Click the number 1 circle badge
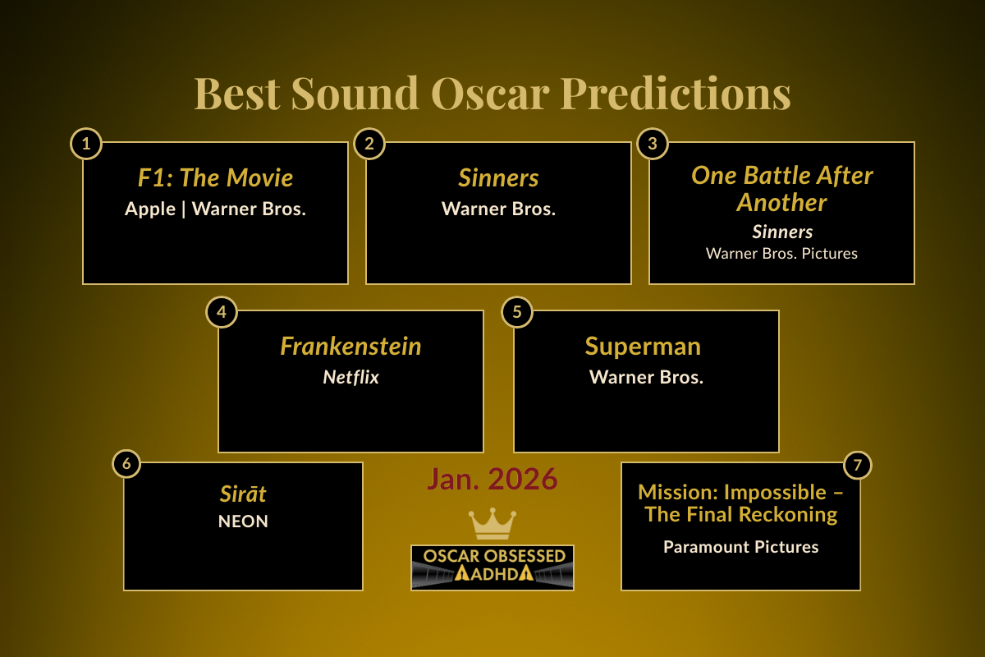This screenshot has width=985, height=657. pos(86,145)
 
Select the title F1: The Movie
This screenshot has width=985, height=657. pos(215,177)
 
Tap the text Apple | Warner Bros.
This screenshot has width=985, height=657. pos(215,209)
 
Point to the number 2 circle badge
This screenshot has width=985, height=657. pos(369,145)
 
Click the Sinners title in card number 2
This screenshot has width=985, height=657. pos(498,178)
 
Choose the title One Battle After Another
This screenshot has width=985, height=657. pos(781,188)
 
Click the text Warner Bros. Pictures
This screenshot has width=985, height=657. pos(781,253)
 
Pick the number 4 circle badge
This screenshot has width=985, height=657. pos(221,312)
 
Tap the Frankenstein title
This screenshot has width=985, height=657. pos(350,346)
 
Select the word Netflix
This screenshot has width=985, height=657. pos(350,378)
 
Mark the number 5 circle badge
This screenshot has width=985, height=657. pos(517,312)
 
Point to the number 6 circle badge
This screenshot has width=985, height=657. pos(126,464)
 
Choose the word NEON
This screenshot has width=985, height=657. pos(243,521)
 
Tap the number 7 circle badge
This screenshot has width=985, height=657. pos(857,466)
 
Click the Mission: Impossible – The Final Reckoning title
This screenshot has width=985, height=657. pos(740,503)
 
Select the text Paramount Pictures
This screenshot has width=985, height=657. pos(740,546)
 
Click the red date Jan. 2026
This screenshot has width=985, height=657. pos(492,479)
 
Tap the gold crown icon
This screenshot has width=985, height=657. pos(492,523)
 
